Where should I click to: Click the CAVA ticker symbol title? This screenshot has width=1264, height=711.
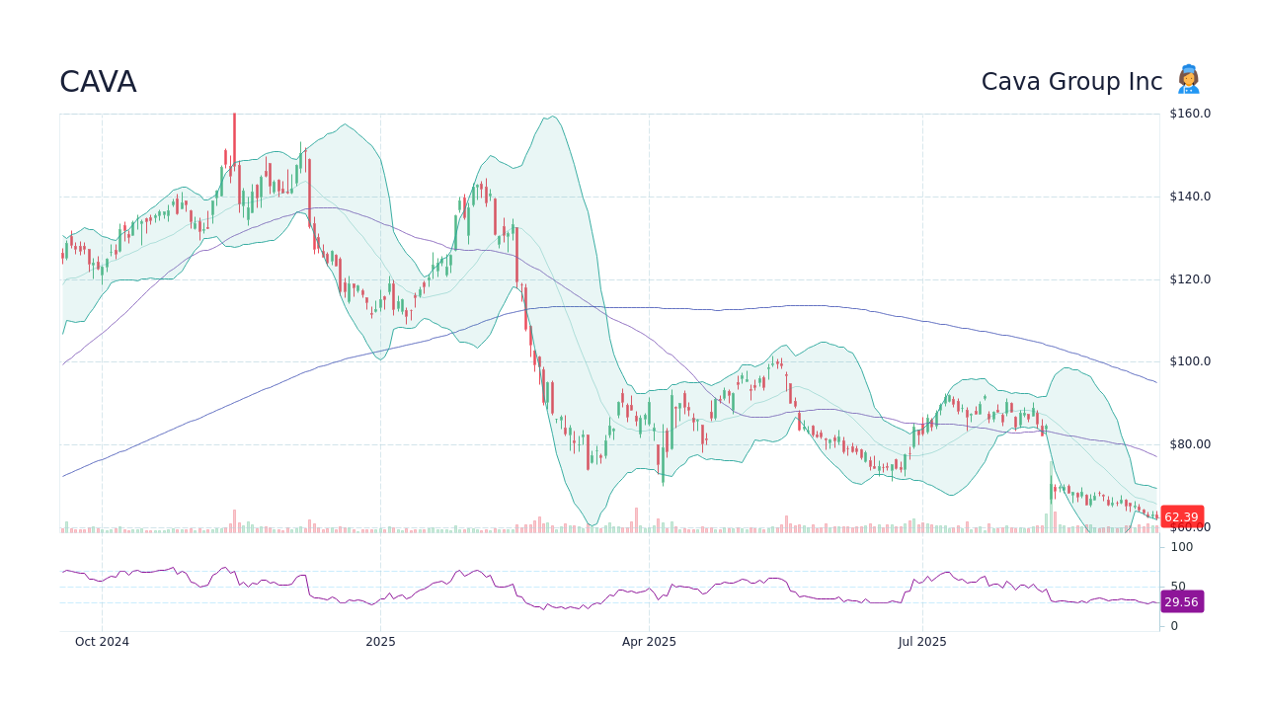(x=98, y=82)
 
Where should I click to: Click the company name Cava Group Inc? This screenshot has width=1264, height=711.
(x=1071, y=82)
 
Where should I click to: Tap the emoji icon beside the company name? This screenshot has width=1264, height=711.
(x=1188, y=80)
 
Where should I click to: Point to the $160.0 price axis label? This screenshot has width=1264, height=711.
(x=1189, y=114)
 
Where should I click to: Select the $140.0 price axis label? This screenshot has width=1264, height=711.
(x=1189, y=197)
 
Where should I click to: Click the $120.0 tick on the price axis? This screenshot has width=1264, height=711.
(x=1189, y=279)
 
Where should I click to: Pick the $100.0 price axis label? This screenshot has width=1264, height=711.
(x=1189, y=361)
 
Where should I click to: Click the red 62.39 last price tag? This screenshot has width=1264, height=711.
(x=1181, y=517)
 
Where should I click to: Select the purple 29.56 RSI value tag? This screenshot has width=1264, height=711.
(x=1181, y=602)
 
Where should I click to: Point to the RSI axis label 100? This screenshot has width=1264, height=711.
(x=1182, y=547)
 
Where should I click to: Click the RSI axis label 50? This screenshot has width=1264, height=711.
(x=1178, y=587)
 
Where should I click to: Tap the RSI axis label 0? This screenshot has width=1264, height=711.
(x=1174, y=626)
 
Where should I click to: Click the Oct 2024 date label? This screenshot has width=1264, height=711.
(x=102, y=642)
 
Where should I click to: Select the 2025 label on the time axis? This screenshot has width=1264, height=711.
(x=380, y=642)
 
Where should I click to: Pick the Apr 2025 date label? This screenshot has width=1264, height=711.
(x=649, y=642)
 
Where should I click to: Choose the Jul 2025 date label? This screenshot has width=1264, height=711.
(x=922, y=642)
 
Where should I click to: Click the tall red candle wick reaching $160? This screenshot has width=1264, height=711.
(x=234, y=133)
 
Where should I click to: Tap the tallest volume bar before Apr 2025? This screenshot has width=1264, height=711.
(x=636, y=520)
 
